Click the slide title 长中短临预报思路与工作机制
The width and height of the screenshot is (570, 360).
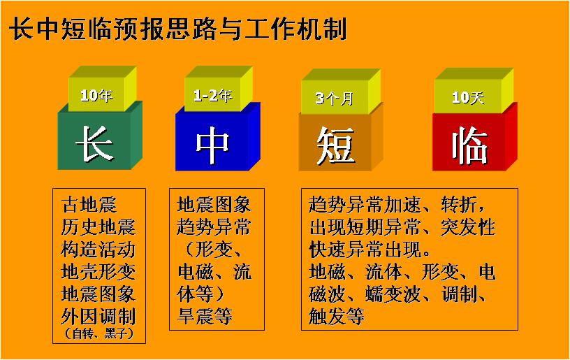[178, 29]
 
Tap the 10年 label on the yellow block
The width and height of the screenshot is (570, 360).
[96, 96]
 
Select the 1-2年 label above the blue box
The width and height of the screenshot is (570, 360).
[212, 96]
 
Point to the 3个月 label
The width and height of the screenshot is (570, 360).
[334, 98]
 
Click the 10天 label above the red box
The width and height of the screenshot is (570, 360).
[468, 97]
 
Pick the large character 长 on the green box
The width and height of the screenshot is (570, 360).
[94, 143]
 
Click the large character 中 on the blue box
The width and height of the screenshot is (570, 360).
[212, 145]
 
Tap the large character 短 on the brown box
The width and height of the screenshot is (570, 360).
[335, 146]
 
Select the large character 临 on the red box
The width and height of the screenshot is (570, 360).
[469, 145]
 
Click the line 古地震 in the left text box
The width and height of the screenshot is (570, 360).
[89, 204]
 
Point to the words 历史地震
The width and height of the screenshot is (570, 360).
[98, 227]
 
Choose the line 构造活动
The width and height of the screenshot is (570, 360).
[98, 250]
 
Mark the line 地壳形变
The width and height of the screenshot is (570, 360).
[98, 272]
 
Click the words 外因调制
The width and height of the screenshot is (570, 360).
[98, 317]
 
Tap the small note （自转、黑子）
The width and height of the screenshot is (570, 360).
[99, 333]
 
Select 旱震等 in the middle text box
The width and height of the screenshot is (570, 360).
[205, 316]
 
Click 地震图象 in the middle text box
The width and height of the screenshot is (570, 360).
[214, 204]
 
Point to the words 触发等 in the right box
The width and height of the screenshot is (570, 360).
[336, 316]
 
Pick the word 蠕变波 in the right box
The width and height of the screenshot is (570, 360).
[393, 294]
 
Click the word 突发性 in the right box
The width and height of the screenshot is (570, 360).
[468, 227]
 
